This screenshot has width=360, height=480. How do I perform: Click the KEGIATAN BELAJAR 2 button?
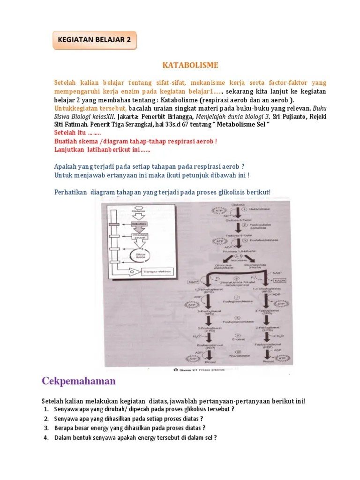pyautogui.click(x=94, y=40)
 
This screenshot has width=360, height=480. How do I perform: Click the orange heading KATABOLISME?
pyautogui.click(x=190, y=65)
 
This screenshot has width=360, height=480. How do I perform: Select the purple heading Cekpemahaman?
pyautogui.click(x=79, y=381)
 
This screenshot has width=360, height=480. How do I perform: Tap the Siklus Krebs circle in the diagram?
pyautogui.click(x=140, y=256)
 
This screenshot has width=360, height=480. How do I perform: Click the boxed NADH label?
pyautogui.click(x=279, y=280)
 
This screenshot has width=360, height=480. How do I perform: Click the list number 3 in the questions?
pyautogui.click(x=46, y=428)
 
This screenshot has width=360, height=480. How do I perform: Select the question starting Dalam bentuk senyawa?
pyautogui.click(x=135, y=438)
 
